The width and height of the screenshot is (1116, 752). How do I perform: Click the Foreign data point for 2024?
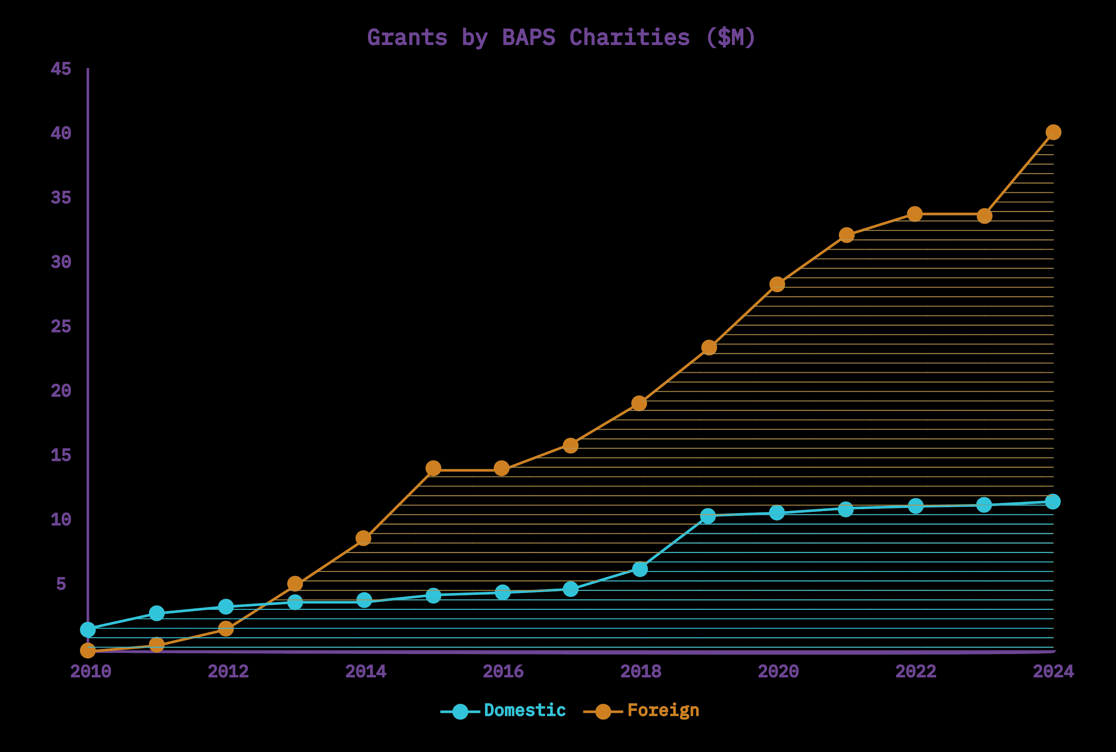pyautogui.click(x=1053, y=132)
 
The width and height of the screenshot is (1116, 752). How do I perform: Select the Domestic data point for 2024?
pyautogui.click(x=1053, y=502)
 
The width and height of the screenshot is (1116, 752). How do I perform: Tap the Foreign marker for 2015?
pyautogui.click(x=433, y=468)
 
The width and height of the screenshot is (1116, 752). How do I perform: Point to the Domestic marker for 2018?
pyautogui.click(x=640, y=569)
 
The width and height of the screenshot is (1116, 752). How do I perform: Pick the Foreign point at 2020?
pyautogui.click(x=777, y=284)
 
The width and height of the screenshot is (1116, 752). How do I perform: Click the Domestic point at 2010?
pyautogui.click(x=88, y=630)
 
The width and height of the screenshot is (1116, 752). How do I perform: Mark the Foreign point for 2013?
pyautogui.click(x=295, y=584)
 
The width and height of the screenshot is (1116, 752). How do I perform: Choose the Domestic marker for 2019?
pyautogui.click(x=708, y=516)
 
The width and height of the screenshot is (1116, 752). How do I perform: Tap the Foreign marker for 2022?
pyautogui.click(x=915, y=213)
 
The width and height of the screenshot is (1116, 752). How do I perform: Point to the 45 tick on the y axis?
pyautogui.click(x=61, y=69)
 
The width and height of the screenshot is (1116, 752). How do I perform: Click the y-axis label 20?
pyautogui.click(x=61, y=391)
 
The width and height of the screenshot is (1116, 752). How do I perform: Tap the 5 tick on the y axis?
pyautogui.click(x=61, y=584)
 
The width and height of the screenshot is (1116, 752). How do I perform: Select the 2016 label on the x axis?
pyautogui.click(x=503, y=671)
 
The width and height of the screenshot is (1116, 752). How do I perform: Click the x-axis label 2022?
pyautogui.click(x=916, y=671)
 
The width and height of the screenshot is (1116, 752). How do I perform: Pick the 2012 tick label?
pyautogui.click(x=228, y=671)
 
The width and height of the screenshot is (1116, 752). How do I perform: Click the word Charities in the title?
pyautogui.click(x=629, y=38)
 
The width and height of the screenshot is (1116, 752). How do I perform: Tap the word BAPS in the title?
pyautogui.click(x=529, y=38)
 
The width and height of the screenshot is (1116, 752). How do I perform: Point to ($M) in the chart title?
pyautogui.click(x=730, y=38)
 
